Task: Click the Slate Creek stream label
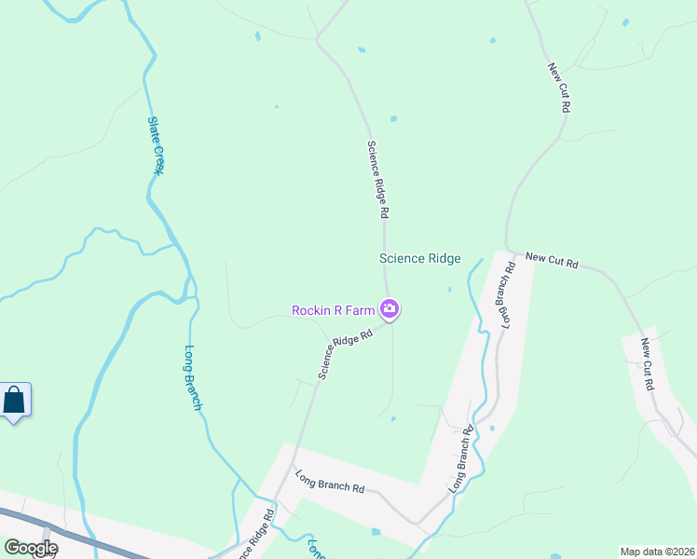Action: pyautogui.click(x=157, y=144)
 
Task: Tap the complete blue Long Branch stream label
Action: pyautogui.click(x=192, y=378)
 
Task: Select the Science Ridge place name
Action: pyautogui.click(x=419, y=259)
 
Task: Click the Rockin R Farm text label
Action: pyautogui.click(x=333, y=310)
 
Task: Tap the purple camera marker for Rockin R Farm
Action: pyautogui.click(x=390, y=308)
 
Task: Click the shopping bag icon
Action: pyautogui.click(x=15, y=402)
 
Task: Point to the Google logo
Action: pyautogui.click(x=31, y=548)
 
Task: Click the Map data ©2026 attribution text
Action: pyautogui.click(x=657, y=552)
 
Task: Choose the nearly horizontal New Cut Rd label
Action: pyautogui.click(x=552, y=260)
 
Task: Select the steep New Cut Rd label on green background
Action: pyautogui.click(x=559, y=88)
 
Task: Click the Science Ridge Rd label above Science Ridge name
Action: pyautogui.click(x=377, y=180)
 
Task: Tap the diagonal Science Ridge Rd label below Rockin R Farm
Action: pyautogui.click(x=345, y=353)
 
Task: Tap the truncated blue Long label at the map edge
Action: pyautogui.click(x=315, y=549)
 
